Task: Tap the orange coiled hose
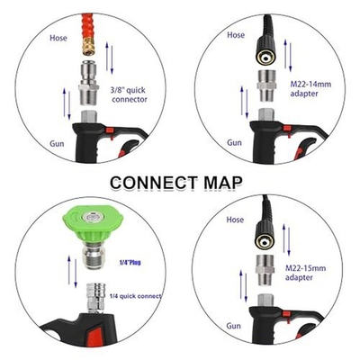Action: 89,28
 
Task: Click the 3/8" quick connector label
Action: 130,94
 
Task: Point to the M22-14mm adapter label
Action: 310,88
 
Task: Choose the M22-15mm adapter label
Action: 305,273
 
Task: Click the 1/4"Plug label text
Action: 128,263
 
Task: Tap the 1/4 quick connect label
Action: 135,296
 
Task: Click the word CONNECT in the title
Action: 154,183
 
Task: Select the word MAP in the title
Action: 223,183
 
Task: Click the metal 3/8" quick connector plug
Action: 89,83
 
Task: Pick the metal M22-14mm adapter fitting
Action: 265,85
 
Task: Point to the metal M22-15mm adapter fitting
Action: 265,270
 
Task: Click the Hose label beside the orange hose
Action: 58,38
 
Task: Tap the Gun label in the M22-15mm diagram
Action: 233,326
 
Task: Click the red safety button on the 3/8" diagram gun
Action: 110,130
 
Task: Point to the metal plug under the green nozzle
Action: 93,255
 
